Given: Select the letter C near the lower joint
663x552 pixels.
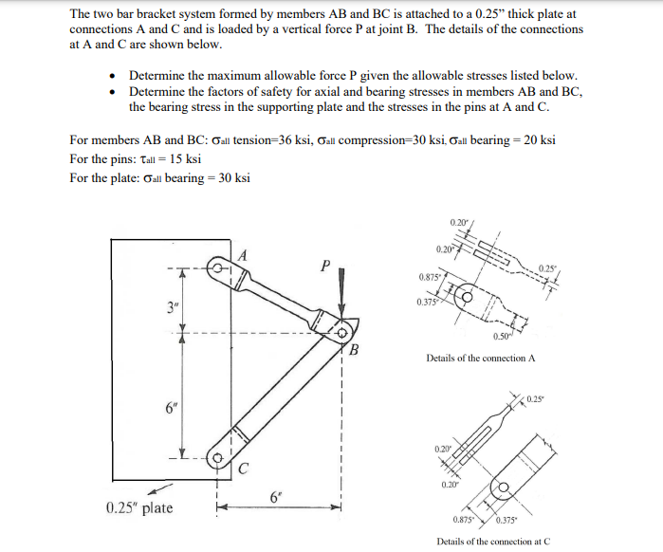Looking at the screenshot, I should pos(244,467).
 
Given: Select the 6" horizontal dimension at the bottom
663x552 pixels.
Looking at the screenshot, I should pos(276,498).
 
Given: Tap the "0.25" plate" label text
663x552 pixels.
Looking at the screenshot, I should pos(139,508).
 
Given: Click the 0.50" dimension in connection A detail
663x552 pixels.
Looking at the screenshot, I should pos(503,336).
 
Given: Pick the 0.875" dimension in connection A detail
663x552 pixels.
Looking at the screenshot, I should pos(430,276).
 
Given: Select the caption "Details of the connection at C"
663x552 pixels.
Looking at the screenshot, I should pos(492,541).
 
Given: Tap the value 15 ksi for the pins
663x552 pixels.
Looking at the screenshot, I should pos(180,158).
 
